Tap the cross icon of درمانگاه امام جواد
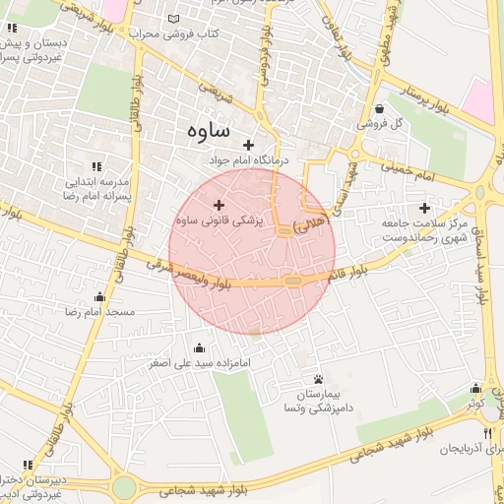click(x=249, y=145)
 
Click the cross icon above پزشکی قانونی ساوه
click(x=219, y=205)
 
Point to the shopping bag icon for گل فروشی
click(x=380, y=109)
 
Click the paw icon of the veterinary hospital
click(x=318, y=380)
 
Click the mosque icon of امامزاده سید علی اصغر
click(x=201, y=347)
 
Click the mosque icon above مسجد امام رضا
click(x=98, y=297)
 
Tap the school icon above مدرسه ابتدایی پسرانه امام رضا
click(x=95, y=167)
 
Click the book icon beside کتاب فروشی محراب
click(x=174, y=19)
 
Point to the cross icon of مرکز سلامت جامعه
click(x=424, y=208)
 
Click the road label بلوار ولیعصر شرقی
click(x=191, y=277)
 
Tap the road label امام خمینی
click(x=414, y=170)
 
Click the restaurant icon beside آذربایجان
click(x=487, y=433)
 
